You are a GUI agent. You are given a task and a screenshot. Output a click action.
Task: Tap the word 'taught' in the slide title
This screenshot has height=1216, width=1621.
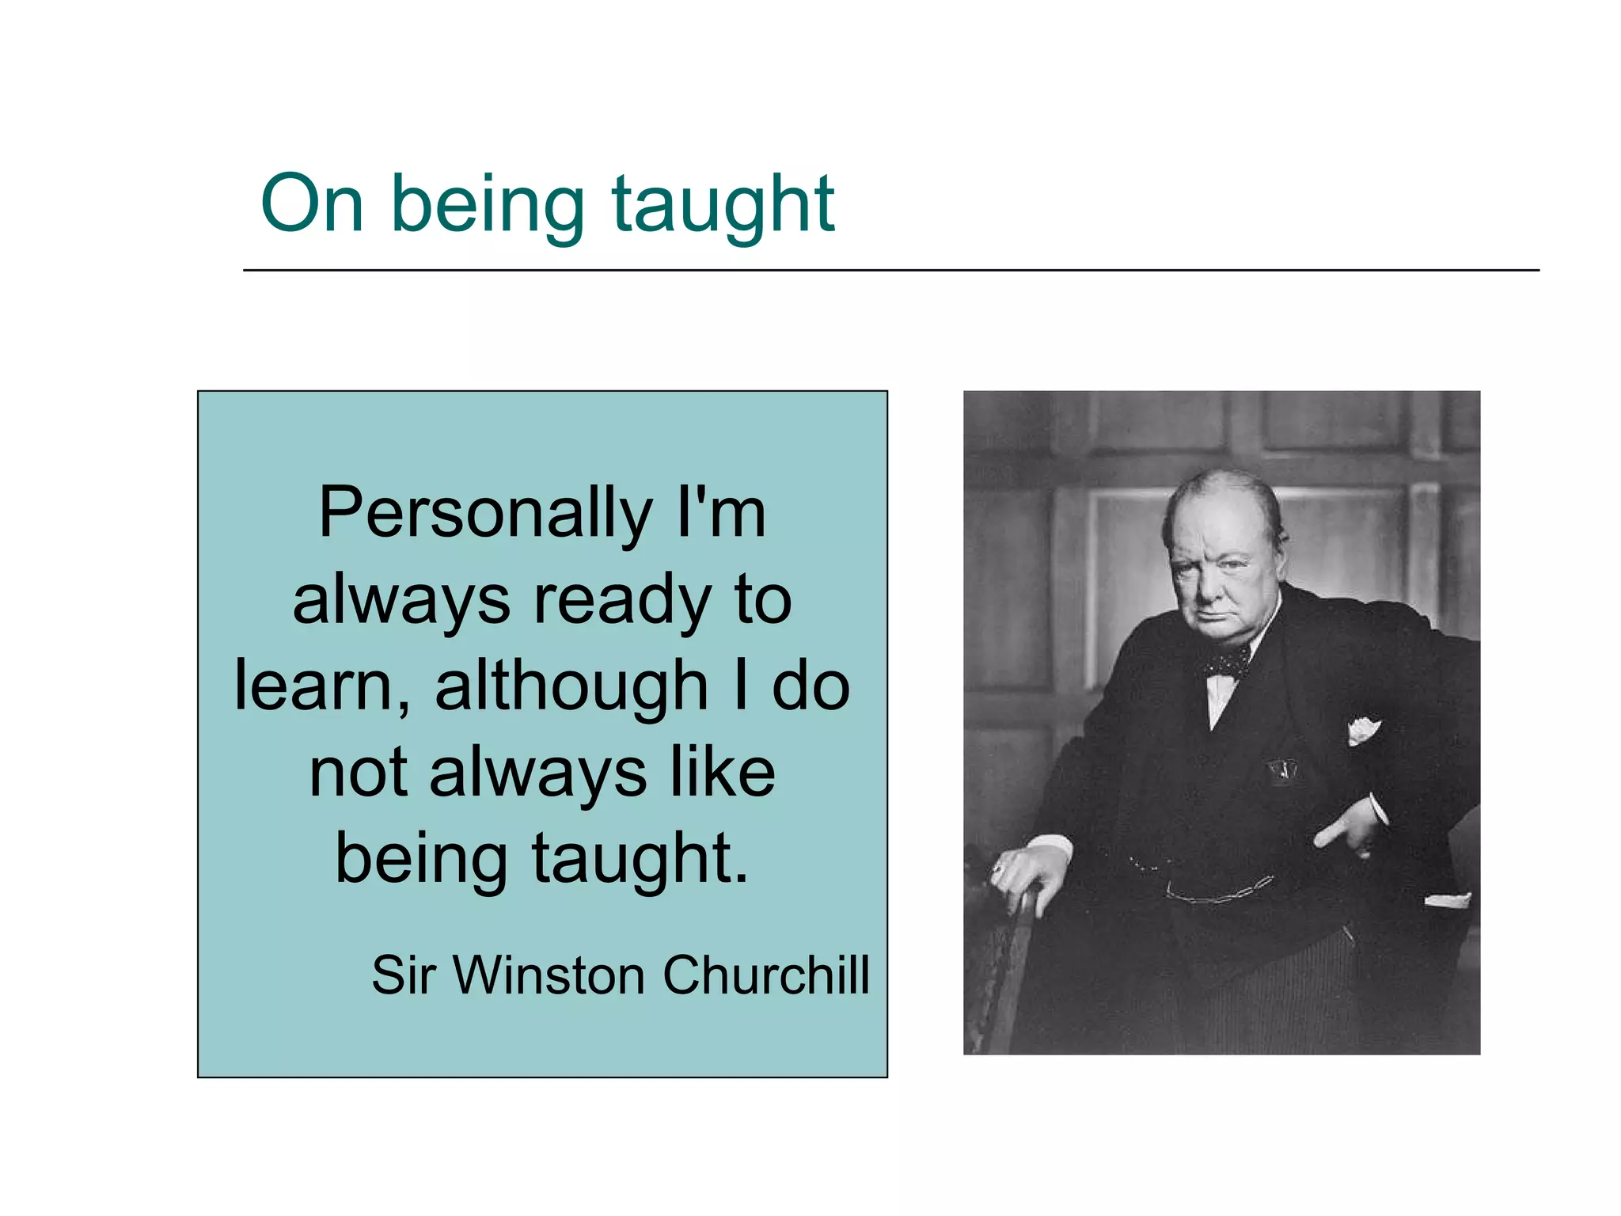pyautogui.click(x=723, y=204)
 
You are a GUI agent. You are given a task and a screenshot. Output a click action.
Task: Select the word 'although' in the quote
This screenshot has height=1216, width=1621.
pyautogui.click(x=571, y=686)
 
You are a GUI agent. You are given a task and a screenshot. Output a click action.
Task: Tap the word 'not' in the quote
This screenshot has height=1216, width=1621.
pyautogui.click(x=358, y=773)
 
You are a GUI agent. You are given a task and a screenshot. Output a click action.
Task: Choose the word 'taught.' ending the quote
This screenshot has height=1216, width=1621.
pyautogui.click(x=640, y=859)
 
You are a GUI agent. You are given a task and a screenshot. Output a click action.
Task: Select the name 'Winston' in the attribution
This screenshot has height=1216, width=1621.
pyautogui.click(x=549, y=975)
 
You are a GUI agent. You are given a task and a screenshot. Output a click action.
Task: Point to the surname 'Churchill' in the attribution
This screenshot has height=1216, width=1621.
pyautogui.click(x=765, y=975)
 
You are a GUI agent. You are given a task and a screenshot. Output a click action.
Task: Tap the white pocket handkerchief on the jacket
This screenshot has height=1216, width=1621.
pyautogui.click(x=1363, y=728)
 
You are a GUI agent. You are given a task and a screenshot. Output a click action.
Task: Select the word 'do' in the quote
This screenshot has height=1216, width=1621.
pyautogui.click(x=810, y=686)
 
